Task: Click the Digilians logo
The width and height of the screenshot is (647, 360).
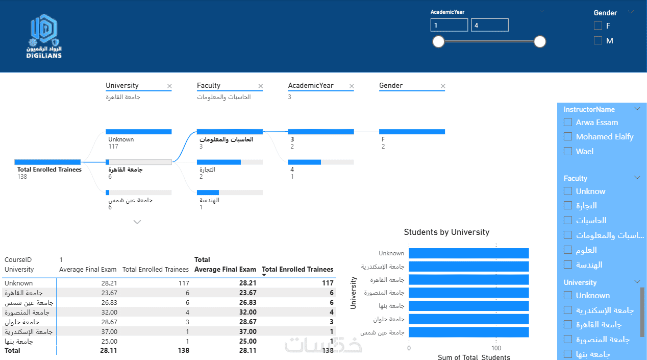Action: tap(44, 36)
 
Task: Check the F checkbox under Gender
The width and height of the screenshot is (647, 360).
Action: tap(598, 26)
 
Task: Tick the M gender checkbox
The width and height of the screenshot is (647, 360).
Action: tap(598, 40)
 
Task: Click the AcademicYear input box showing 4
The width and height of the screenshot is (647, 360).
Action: tap(489, 25)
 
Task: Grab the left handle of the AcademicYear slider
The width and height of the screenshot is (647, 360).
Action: tap(438, 42)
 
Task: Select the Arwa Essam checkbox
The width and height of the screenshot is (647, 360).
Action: tap(568, 123)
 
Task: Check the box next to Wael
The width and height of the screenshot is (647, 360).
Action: tap(568, 151)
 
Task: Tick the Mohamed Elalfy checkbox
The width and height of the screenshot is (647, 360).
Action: tap(568, 136)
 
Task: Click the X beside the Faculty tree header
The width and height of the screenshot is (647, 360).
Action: tap(261, 86)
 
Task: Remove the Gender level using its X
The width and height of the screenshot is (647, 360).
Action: tap(443, 86)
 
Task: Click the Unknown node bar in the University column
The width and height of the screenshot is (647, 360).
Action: tap(139, 132)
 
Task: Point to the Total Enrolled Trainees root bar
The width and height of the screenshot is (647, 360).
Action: tap(47, 162)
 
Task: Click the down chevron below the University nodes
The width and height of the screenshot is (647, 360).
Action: tap(137, 222)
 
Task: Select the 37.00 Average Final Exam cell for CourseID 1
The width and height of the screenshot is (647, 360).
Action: tap(109, 332)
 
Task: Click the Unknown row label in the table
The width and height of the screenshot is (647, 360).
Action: tap(19, 283)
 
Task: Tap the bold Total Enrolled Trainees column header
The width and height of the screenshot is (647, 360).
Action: tap(297, 269)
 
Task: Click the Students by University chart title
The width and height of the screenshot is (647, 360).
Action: tap(446, 232)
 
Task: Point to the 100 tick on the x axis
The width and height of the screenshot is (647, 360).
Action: tap(496, 348)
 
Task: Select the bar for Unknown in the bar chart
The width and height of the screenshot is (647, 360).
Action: tap(469, 253)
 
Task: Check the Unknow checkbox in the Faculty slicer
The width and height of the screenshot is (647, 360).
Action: tap(568, 191)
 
